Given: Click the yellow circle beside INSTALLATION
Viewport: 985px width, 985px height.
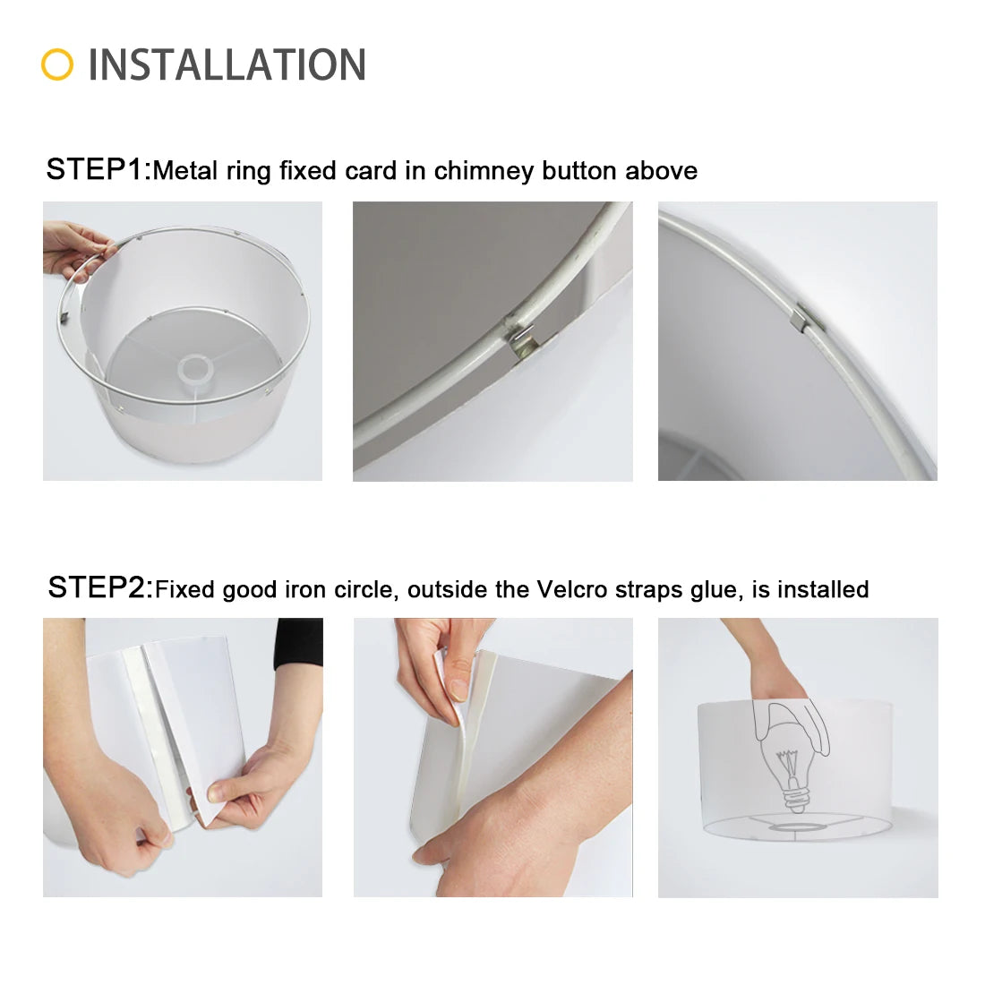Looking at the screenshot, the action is pyautogui.click(x=57, y=64).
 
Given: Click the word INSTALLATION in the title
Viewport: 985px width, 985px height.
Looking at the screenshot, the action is pyautogui.click(x=227, y=64).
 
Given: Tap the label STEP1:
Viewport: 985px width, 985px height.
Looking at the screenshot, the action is pyautogui.click(x=98, y=169).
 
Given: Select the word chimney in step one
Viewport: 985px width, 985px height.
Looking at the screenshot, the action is pyautogui.click(x=484, y=171).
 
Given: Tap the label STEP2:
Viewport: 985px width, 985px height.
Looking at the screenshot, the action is pyautogui.click(x=100, y=588).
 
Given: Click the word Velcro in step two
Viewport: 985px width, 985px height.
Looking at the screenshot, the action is pyautogui.click(x=571, y=589).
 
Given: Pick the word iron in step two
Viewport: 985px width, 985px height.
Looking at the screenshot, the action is pyautogui.click(x=305, y=589).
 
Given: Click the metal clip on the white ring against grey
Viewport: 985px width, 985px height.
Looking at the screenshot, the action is pyautogui.click(x=521, y=338).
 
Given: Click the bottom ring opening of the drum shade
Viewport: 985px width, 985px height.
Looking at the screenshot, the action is pyautogui.click(x=797, y=827).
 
